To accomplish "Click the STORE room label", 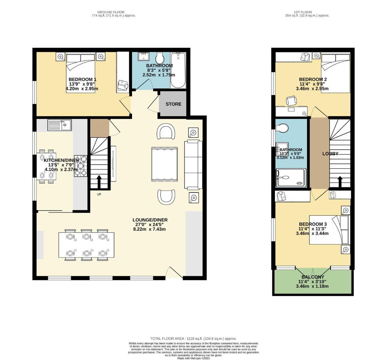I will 173,104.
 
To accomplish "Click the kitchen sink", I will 60,125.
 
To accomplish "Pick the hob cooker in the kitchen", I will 81,166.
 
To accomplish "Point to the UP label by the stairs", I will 99,194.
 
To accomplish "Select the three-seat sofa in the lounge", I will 193,165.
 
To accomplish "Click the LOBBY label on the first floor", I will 330,154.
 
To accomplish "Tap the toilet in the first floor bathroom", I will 282,128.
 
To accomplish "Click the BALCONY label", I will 313,277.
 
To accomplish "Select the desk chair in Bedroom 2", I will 291,100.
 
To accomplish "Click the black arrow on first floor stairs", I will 340,181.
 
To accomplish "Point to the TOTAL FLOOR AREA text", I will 193,338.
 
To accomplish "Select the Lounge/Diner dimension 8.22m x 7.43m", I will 150,229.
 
